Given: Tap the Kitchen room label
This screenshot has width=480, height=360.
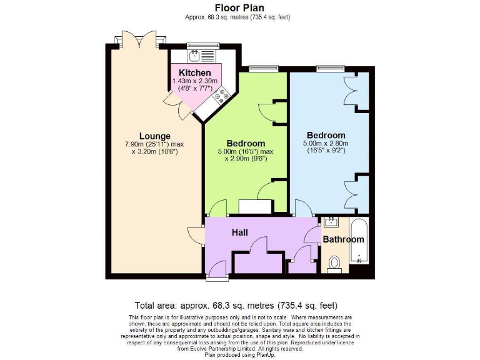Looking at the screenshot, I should [194, 72].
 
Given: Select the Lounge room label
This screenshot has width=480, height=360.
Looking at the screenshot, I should [155, 136].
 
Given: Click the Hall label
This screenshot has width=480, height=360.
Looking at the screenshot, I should [240, 232].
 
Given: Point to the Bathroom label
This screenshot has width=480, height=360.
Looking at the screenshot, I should [343, 239].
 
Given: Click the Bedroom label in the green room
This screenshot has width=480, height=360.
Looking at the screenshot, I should [246, 143].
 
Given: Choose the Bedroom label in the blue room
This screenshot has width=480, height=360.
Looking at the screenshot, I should [326, 135].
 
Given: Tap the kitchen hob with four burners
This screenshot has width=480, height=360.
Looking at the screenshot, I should [221, 96].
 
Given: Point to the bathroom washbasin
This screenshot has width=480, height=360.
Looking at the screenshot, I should [329, 222].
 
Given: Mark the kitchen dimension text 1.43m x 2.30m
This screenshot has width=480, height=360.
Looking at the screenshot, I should [194, 81].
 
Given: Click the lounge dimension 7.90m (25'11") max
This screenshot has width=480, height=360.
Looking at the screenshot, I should [155, 144].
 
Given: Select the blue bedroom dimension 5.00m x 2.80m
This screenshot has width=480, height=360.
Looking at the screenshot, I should [326, 143].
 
